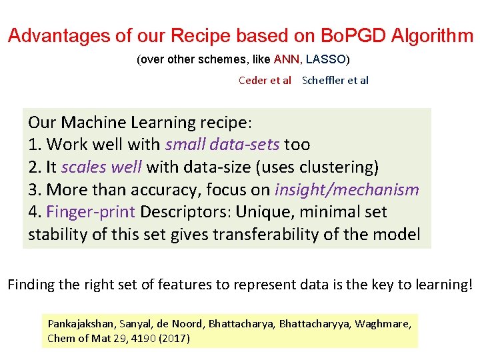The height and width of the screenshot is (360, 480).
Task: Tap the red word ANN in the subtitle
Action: pos(287,59)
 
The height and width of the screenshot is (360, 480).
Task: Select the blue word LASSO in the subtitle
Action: pos(326,59)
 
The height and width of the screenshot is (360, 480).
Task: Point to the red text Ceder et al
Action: pos(265,81)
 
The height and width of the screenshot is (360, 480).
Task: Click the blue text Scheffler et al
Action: pos(335,81)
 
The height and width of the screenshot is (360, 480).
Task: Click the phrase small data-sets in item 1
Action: pos(223,144)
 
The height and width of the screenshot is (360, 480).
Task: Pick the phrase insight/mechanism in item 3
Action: pos(347,189)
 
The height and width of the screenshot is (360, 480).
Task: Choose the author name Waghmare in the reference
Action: pos(388,324)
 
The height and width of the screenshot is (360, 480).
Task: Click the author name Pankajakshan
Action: pos(81,324)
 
